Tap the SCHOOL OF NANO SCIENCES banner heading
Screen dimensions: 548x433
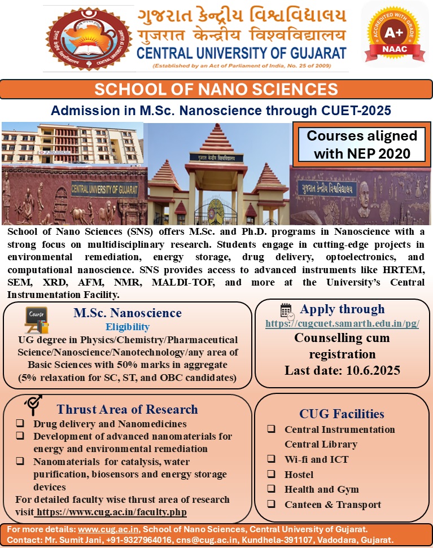click(216, 89)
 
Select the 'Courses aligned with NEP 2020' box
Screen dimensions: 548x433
click(361, 144)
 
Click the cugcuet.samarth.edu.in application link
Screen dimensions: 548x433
click(342, 325)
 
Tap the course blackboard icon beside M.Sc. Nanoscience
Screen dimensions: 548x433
click(37, 320)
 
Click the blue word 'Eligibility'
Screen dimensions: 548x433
click(128, 327)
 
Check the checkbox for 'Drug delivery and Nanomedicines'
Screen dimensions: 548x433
click(20, 423)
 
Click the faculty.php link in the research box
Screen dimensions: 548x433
click(111, 512)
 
